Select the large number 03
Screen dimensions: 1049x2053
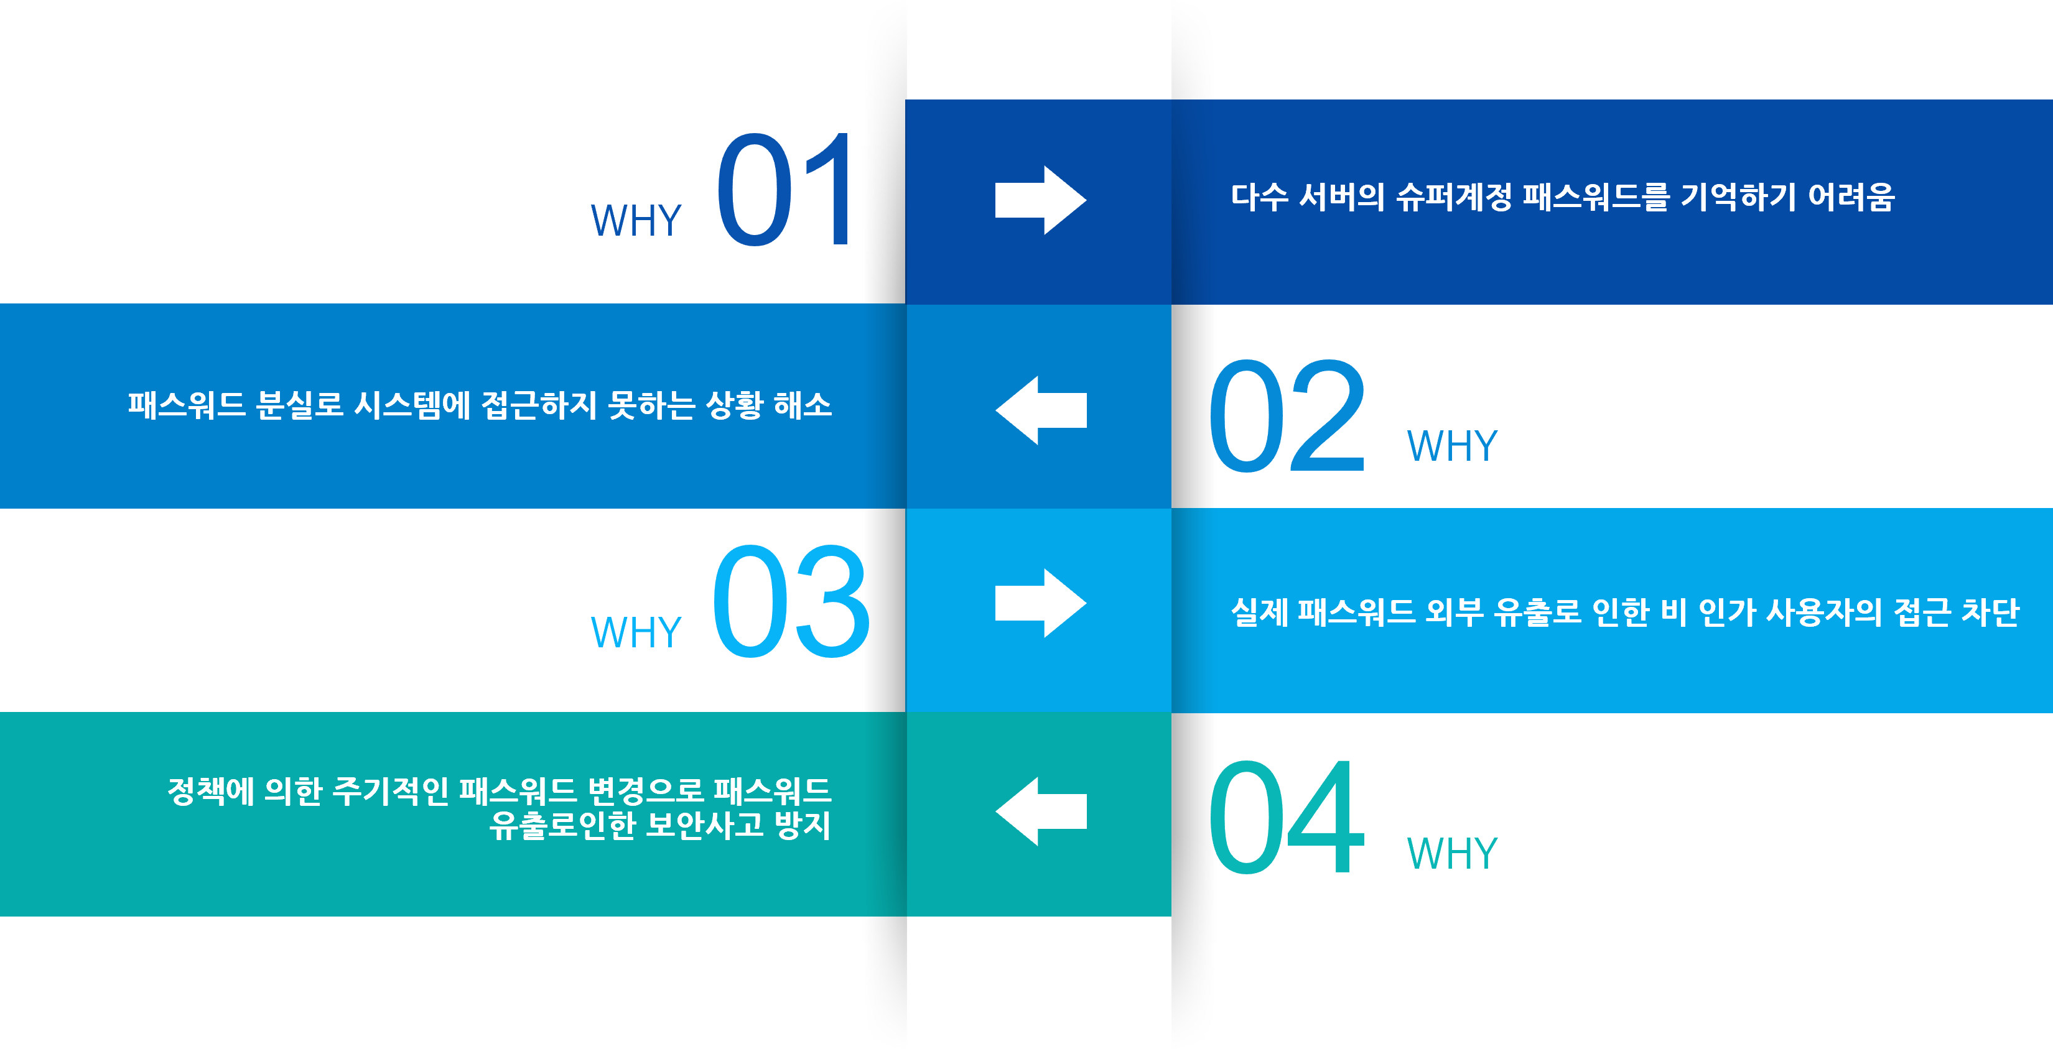790,601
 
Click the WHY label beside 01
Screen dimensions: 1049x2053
635,221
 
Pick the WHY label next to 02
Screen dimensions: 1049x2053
1452,446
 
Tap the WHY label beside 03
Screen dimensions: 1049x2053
635,633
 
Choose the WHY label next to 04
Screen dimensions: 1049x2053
1452,854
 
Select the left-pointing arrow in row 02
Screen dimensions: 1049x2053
1040,410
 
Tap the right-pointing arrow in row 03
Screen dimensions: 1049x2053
1040,603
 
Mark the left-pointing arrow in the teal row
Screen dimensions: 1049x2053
1040,811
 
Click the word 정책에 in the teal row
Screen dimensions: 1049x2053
210,792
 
